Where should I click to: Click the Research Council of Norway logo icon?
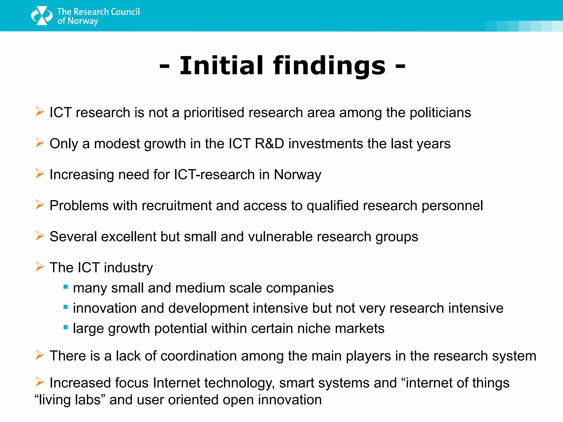[x=42, y=16]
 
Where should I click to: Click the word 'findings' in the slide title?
[x=329, y=66]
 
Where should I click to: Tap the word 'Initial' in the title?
[x=221, y=66]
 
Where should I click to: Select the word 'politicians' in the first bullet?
[x=440, y=113]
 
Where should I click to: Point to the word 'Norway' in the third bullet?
[x=297, y=175]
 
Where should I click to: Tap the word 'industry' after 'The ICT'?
[x=128, y=268]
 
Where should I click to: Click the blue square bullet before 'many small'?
[x=65, y=287]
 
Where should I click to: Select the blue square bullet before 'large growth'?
[x=65, y=327]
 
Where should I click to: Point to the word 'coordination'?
[x=198, y=356]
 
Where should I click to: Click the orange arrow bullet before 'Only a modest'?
[x=40, y=143]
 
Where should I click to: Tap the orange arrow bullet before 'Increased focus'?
[x=40, y=382]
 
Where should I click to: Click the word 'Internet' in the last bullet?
[x=176, y=383]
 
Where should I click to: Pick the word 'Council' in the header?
[x=125, y=12]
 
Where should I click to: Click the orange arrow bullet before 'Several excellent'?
[x=40, y=236]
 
